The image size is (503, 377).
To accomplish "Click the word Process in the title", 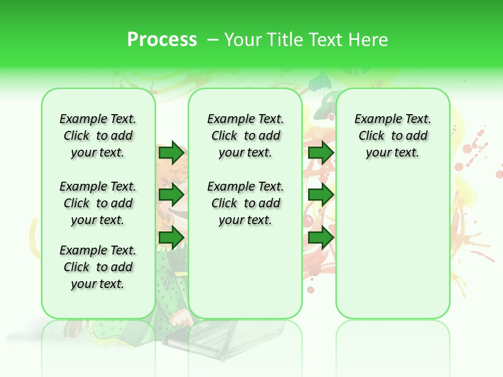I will click(162, 40).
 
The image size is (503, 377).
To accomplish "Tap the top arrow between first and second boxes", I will click(171, 153).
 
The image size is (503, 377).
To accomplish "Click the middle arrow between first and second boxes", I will click(171, 195).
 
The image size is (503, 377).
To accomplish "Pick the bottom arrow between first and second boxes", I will click(171, 238).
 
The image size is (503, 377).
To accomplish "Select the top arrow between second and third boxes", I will click(321, 153).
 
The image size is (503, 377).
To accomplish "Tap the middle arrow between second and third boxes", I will click(321, 195).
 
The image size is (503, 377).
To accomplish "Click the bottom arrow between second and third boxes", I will click(321, 238).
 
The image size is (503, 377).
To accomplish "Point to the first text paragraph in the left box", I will click(98, 136).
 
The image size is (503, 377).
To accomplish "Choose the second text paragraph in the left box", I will click(98, 203).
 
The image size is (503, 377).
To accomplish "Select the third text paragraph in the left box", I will click(98, 267).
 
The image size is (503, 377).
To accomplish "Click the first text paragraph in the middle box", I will click(246, 136).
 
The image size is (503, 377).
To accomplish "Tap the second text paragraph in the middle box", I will click(246, 203).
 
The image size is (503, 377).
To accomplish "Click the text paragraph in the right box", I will click(393, 136).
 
